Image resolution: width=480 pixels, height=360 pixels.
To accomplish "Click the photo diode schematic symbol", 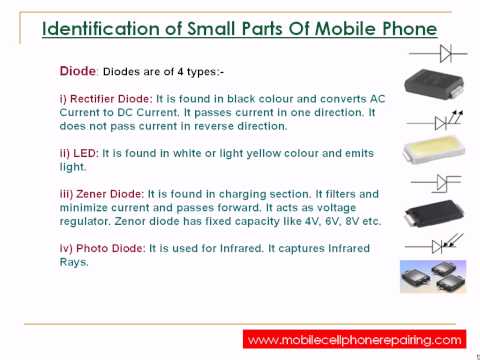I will point(433,243).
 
